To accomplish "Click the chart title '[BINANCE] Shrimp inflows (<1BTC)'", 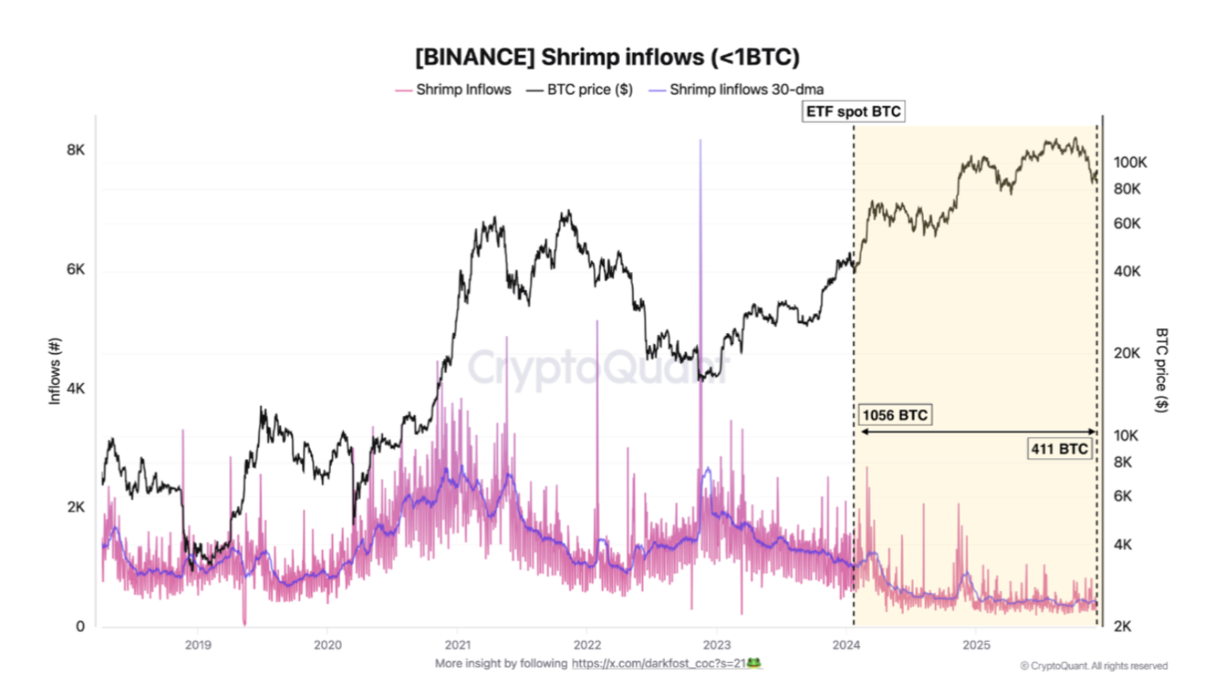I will pyautogui.click(x=607, y=58).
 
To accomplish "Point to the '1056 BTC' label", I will pyautogui.click(x=894, y=415).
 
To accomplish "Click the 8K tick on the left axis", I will pyautogui.click(x=75, y=150).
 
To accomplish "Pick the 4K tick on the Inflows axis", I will pyautogui.click(x=75, y=388).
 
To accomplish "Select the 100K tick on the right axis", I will pyautogui.click(x=1129, y=162).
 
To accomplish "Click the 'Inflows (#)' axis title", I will pyautogui.click(x=56, y=371).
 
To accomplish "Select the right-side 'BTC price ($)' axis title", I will pyautogui.click(x=1161, y=371).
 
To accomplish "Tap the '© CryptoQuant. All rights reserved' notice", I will pyautogui.click(x=1094, y=666).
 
